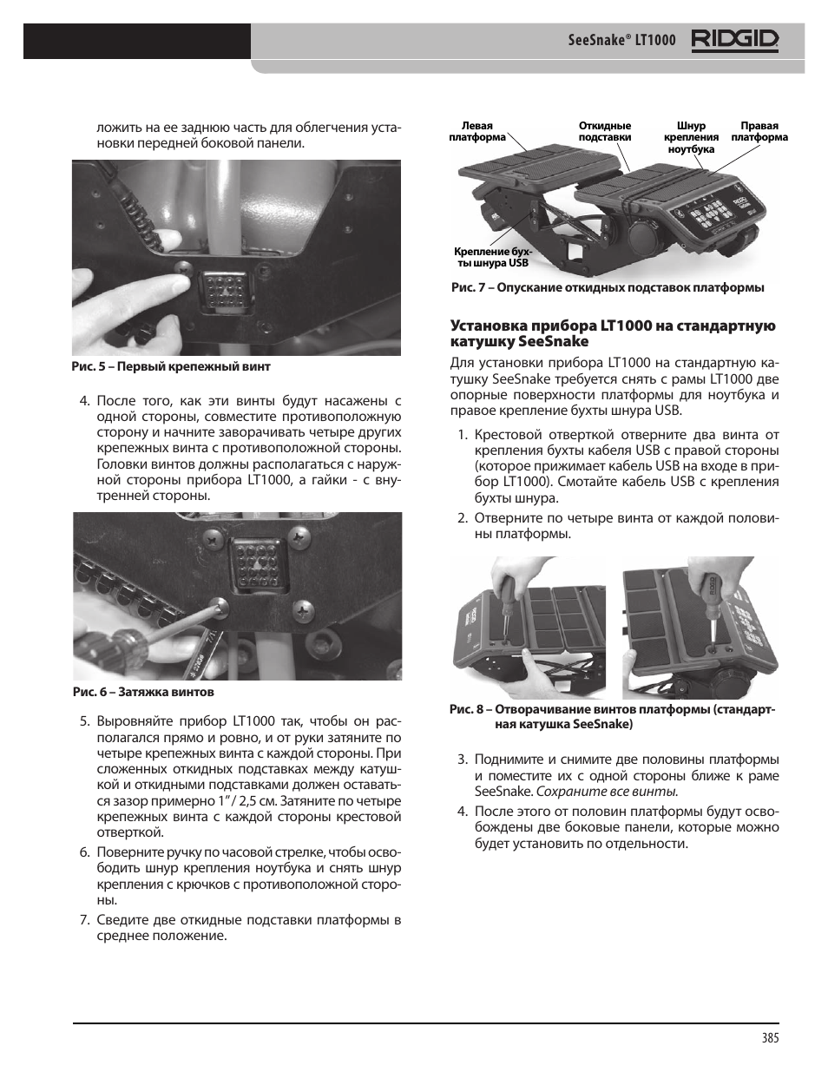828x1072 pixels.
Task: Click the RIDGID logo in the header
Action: pos(734,40)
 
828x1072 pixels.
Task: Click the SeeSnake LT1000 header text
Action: pos(621,41)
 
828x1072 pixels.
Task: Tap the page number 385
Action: pos(768,1037)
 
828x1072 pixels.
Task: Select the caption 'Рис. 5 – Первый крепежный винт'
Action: pos(171,366)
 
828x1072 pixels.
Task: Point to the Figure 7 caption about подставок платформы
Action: pos(607,287)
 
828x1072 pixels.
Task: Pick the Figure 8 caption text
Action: pos(612,716)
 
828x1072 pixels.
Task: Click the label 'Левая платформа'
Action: pos(476,132)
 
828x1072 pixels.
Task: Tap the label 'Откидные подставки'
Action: pos(604,132)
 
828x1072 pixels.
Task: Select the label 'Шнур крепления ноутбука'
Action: pos(691,137)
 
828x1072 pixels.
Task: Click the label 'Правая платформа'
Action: pos(759,132)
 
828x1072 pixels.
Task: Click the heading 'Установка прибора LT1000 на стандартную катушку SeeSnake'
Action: pos(612,333)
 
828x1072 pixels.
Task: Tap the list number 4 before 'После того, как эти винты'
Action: pos(84,401)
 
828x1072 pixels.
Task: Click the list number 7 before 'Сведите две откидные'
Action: pos(84,920)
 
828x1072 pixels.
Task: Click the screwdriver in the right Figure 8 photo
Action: pos(706,608)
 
